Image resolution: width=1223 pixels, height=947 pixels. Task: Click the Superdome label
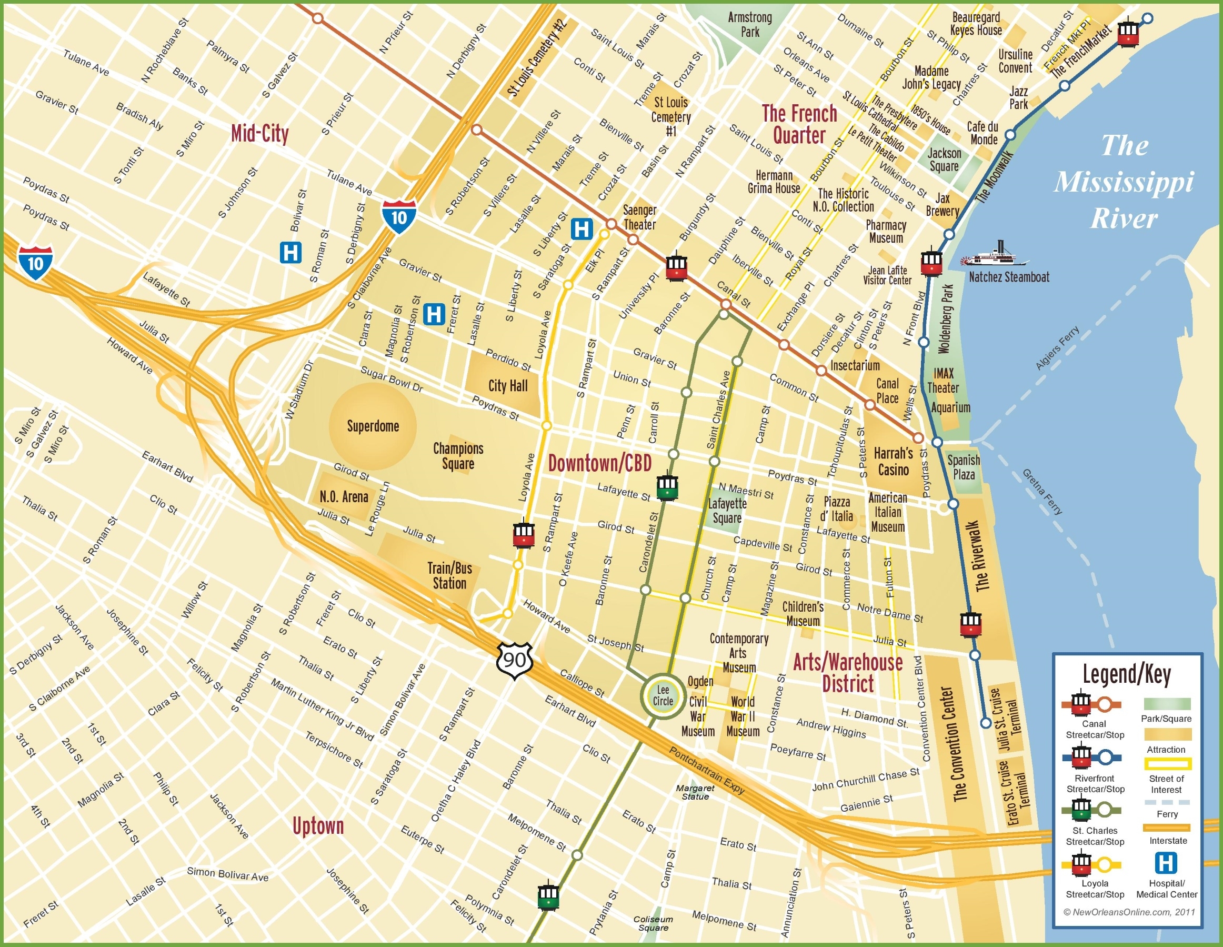pos(373,426)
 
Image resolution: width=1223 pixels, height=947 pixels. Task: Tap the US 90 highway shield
pos(514,660)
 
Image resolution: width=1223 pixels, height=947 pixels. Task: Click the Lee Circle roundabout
pos(663,696)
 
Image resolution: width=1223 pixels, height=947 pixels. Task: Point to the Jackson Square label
pos(944,160)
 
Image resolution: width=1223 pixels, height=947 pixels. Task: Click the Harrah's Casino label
pos(893,462)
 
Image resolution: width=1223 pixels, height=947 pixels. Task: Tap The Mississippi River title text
pos(1124,182)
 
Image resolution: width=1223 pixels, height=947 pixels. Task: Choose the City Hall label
pos(507,385)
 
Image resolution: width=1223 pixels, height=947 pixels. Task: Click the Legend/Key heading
pos(1126,674)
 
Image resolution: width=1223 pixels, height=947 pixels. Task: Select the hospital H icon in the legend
pos(1165,863)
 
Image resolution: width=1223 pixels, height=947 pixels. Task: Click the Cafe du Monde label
pos(983,133)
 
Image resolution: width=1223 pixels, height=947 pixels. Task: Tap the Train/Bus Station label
pos(449,576)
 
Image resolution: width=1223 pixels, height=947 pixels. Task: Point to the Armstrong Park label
pos(750,25)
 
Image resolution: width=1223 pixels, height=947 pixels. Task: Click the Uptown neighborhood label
pos(317,826)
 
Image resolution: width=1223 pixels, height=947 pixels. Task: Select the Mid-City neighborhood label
pos(259,134)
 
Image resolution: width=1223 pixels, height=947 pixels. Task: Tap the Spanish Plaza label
pos(963,467)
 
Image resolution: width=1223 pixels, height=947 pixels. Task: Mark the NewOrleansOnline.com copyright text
pos(1128,912)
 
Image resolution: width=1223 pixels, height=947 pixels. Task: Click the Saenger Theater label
pos(639,217)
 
